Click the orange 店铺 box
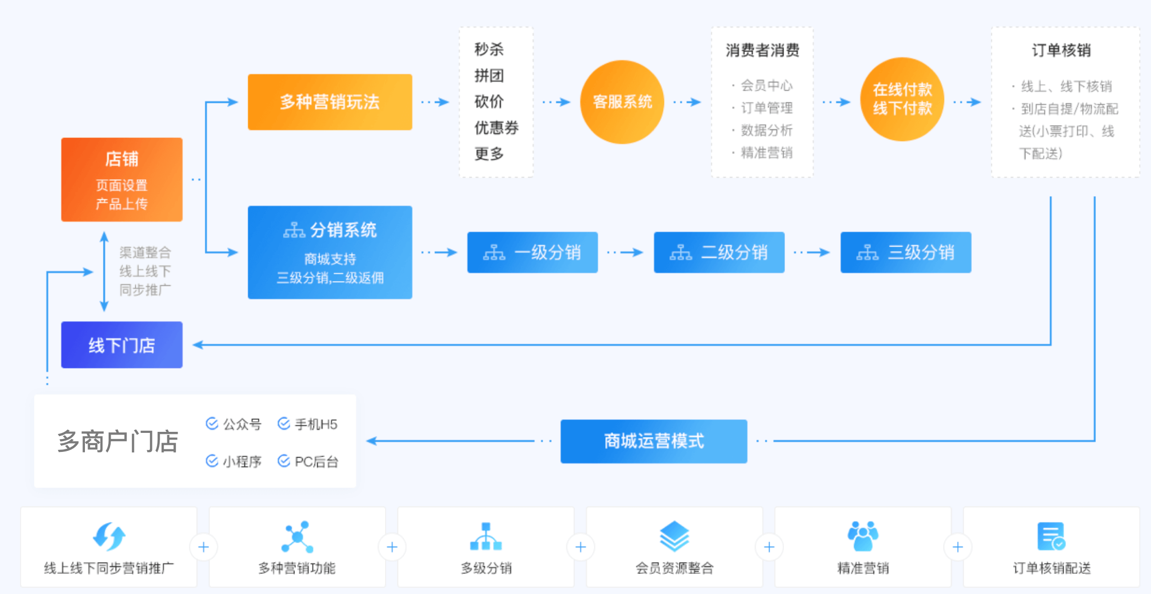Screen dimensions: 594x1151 (x=121, y=179)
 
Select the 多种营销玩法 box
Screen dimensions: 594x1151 (x=329, y=102)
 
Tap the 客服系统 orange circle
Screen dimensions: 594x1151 (x=622, y=102)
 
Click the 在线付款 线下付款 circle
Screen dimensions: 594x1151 (x=902, y=99)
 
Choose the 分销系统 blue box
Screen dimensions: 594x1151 (x=329, y=252)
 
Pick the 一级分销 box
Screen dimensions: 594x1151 (x=532, y=252)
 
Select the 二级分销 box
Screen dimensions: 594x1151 (x=719, y=252)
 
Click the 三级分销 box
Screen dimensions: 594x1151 (x=905, y=252)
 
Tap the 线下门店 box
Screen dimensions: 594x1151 (x=121, y=345)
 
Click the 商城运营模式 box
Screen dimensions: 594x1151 (x=653, y=441)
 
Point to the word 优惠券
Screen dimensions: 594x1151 (x=496, y=128)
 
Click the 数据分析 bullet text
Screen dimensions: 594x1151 (x=766, y=130)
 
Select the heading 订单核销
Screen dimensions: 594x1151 (x=1061, y=50)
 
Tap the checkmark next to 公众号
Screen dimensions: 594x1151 (x=212, y=424)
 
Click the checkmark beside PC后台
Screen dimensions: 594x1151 (x=284, y=461)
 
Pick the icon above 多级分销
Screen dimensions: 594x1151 (x=485, y=536)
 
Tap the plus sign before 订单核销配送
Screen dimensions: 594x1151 (x=957, y=547)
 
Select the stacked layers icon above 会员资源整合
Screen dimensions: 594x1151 (x=674, y=536)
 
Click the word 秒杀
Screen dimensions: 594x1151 (x=489, y=49)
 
